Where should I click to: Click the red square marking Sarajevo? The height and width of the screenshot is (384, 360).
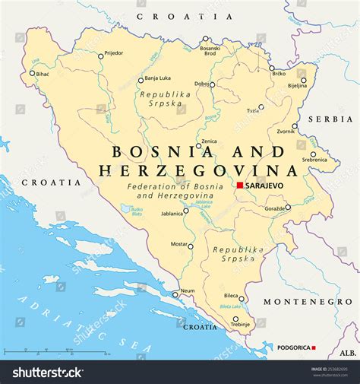pyautogui.click(x=239, y=185)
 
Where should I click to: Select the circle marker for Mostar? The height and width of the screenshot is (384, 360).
pyautogui.click(x=191, y=246)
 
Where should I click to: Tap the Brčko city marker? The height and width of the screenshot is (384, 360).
pyautogui.click(x=272, y=68)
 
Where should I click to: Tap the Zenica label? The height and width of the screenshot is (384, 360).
pyautogui.click(x=208, y=141)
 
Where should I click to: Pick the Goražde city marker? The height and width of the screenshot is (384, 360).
pyautogui.click(x=287, y=207)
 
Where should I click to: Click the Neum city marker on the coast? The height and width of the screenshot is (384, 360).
pyautogui.click(x=175, y=294)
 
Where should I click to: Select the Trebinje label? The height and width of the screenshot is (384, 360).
pyautogui.click(x=240, y=325)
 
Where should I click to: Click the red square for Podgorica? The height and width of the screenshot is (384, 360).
pyautogui.click(x=314, y=348)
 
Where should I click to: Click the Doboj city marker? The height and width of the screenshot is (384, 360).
pyautogui.click(x=212, y=84)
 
